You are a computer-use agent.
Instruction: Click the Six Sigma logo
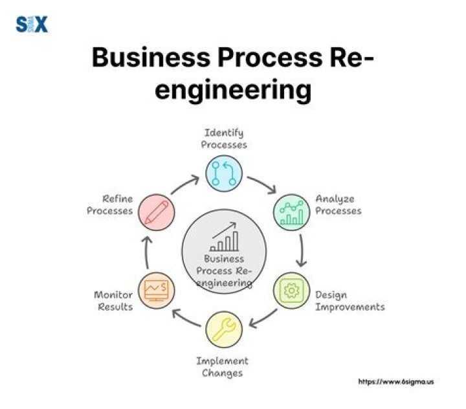pyautogui.click(x=31, y=25)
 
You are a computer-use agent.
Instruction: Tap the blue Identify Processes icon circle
pyautogui.click(x=223, y=173)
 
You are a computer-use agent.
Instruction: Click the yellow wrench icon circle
pyautogui.click(x=223, y=330)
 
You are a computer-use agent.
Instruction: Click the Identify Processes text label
pyautogui.click(x=223, y=138)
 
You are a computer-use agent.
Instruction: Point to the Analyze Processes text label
pyautogui.click(x=338, y=205)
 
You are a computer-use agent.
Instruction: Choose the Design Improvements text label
pyautogui.click(x=349, y=300)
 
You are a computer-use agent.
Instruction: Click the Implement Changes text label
pyautogui.click(x=222, y=367)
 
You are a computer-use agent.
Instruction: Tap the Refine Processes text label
pyautogui.click(x=110, y=205)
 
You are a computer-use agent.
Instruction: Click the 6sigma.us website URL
pyautogui.click(x=395, y=382)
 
